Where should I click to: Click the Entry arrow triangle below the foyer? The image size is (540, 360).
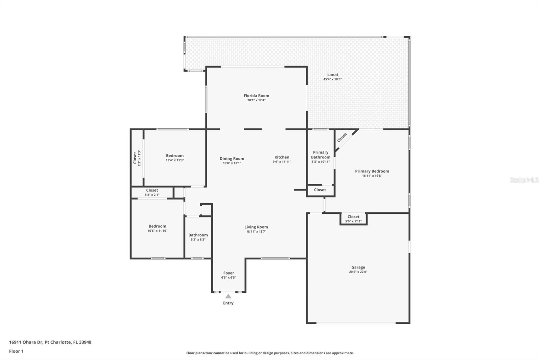[x=228, y=296]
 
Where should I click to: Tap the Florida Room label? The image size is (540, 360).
[x=256, y=96]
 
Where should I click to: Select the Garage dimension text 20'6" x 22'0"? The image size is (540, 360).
[x=358, y=272]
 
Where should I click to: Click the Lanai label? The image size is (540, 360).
[x=332, y=75]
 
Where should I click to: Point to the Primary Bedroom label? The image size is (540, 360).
[x=372, y=171]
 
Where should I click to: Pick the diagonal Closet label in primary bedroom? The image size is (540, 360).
[x=342, y=137]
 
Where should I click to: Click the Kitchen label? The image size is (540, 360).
[x=282, y=157]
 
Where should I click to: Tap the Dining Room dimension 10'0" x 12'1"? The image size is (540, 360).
[x=232, y=163]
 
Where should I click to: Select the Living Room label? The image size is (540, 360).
[x=256, y=227]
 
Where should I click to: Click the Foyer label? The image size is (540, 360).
[x=228, y=273]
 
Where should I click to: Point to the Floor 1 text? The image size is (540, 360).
[x=16, y=351]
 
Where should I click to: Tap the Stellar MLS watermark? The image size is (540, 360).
[x=524, y=180]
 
